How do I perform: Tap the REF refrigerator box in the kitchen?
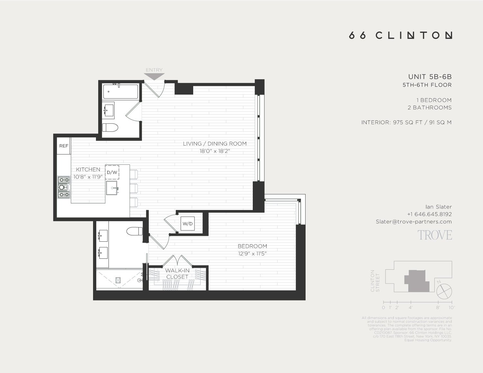[64, 146]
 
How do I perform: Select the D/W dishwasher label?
[112, 173]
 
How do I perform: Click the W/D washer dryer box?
[187, 224]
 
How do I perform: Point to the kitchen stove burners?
[64, 187]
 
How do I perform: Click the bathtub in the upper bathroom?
[120, 92]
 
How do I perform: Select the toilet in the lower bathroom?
[135, 231]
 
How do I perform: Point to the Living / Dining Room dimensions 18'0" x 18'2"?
[214, 151]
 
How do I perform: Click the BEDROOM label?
[252, 246]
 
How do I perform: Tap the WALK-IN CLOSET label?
[177, 274]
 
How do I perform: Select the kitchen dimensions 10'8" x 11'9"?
[88, 177]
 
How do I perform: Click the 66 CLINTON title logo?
[400, 35]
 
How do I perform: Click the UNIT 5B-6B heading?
[430, 77]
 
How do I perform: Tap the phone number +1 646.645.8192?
[429, 214]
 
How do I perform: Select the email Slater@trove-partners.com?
[413, 222]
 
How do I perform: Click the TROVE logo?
[435, 235]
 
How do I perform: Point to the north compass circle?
[444, 292]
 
